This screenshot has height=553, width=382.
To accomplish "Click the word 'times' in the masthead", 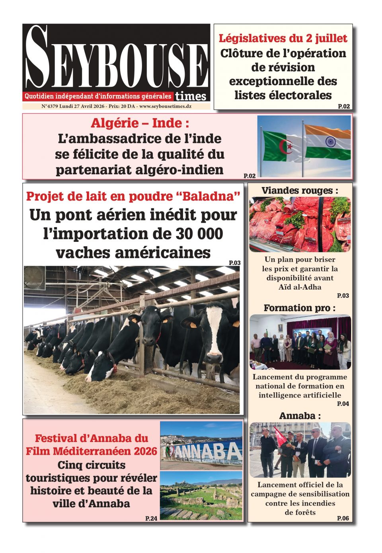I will tap(191, 96).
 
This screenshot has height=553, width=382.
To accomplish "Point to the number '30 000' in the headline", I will tap(199, 234).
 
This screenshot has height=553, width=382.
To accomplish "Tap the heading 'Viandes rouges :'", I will tap(300, 191).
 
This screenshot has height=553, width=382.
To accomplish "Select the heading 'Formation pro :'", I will tap(300, 308).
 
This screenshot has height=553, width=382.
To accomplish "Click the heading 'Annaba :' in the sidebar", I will tap(300, 416).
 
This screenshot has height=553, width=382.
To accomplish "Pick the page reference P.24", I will tap(151, 518).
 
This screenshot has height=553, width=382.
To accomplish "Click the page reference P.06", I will tap(343, 518).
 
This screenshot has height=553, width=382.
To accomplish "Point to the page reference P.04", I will tap(343, 404).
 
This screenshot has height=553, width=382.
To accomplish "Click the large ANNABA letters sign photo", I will tap(201, 446).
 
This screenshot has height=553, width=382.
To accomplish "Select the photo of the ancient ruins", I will tap(201, 496).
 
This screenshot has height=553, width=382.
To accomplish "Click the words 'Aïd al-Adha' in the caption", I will tap(300, 287).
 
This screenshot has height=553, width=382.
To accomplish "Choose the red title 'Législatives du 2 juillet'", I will tap(283, 39).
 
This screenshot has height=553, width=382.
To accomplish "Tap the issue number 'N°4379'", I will tap(49, 107).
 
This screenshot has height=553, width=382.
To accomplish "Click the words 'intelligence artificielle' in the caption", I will tap(300, 395).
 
